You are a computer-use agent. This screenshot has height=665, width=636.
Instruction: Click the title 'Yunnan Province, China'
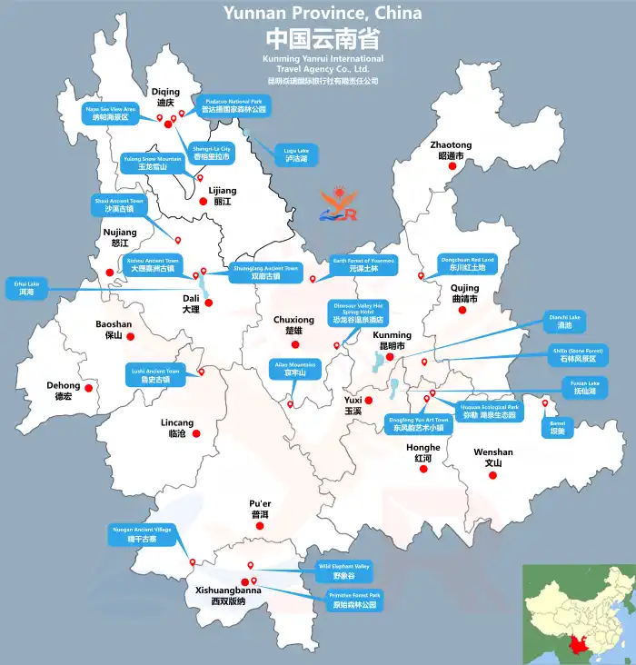tap(323, 13)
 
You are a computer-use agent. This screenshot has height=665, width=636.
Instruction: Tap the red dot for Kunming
tap(390, 356)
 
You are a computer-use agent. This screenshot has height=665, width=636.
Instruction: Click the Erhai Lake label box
tap(26, 288)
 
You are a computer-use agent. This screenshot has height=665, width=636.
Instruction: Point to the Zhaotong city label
tap(451, 150)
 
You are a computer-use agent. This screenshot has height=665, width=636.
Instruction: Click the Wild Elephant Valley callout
tap(343, 571)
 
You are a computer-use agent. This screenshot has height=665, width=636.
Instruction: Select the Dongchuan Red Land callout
tap(467, 263)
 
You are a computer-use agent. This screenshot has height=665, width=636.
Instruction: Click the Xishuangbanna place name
tap(228, 595)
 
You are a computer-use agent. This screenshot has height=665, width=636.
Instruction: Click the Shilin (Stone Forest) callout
tap(578, 355)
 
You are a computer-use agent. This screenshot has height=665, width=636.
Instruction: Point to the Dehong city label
tap(64, 391)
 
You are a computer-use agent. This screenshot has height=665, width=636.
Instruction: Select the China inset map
tap(578, 613)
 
